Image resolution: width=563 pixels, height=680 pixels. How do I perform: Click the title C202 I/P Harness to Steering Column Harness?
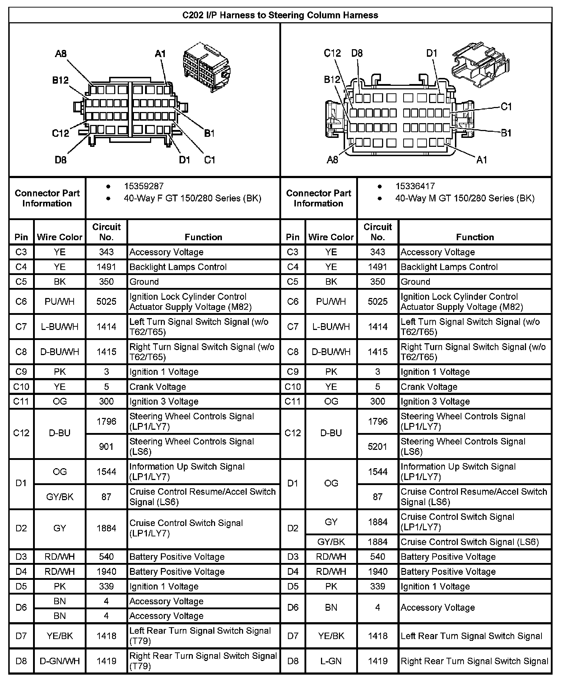click(x=280, y=15)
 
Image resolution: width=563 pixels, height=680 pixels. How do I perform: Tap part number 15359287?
click(x=144, y=186)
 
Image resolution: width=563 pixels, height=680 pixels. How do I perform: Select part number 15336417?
click(x=415, y=186)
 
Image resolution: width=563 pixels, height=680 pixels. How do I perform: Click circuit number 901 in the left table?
click(x=106, y=446)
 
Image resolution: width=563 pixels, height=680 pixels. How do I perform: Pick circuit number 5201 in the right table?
click(x=378, y=446)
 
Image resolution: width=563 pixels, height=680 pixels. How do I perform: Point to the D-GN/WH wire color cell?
click(x=60, y=661)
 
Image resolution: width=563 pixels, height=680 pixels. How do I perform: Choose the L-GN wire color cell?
click(x=331, y=661)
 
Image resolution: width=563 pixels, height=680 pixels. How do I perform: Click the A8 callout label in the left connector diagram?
click(x=61, y=54)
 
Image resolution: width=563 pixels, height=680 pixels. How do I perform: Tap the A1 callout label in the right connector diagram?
click(x=481, y=160)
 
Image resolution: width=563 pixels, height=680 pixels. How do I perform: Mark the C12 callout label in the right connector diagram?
click(x=332, y=53)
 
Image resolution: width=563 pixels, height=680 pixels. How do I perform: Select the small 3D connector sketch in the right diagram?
click(x=480, y=65)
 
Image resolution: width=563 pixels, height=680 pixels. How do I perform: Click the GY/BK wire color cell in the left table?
click(x=60, y=497)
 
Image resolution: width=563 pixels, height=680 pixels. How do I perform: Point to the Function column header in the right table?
click(x=475, y=237)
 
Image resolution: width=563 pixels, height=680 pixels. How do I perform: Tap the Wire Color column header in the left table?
click(x=60, y=237)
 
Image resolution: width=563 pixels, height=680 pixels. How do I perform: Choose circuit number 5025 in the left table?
click(x=106, y=301)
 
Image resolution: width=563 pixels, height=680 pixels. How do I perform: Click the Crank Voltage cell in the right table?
click(x=429, y=387)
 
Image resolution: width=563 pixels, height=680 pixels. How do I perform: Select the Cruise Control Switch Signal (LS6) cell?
click(x=470, y=542)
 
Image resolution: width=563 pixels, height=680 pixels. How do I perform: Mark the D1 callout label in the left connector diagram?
click(x=184, y=160)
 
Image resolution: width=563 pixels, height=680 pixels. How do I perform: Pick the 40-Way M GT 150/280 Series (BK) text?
click(x=465, y=198)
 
